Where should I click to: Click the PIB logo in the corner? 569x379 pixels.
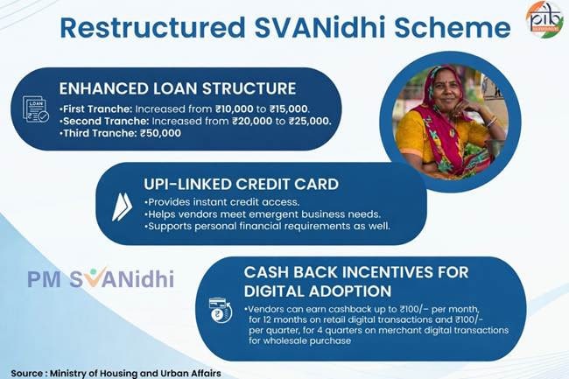tap(544, 19)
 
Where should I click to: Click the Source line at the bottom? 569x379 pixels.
tap(116, 372)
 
